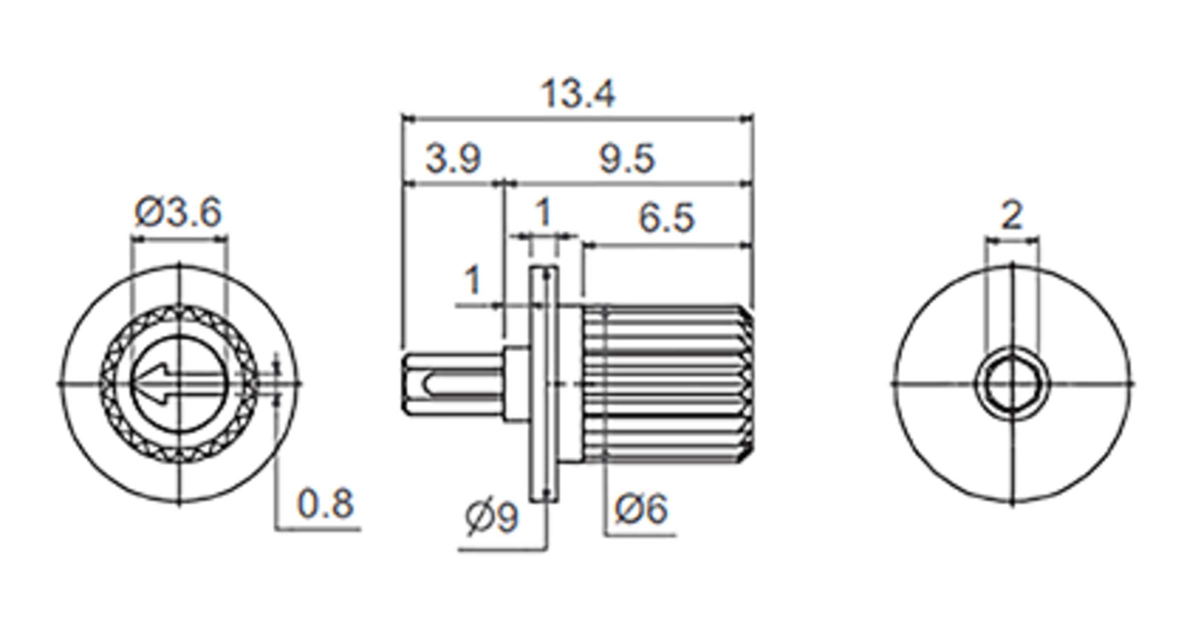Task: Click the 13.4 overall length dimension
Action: click(x=578, y=94)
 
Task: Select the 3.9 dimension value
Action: click(x=453, y=159)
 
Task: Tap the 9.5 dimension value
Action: click(x=627, y=159)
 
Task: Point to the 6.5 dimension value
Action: click(x=667, y=218)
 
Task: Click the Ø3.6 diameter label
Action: click(x=178, y=212)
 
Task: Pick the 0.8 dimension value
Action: click(x=325, y=503)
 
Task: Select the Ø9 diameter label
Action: click(x=492, y=516)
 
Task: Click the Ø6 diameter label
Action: click(x=641, y=509)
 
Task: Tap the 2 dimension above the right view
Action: click(x=1012, y=216)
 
